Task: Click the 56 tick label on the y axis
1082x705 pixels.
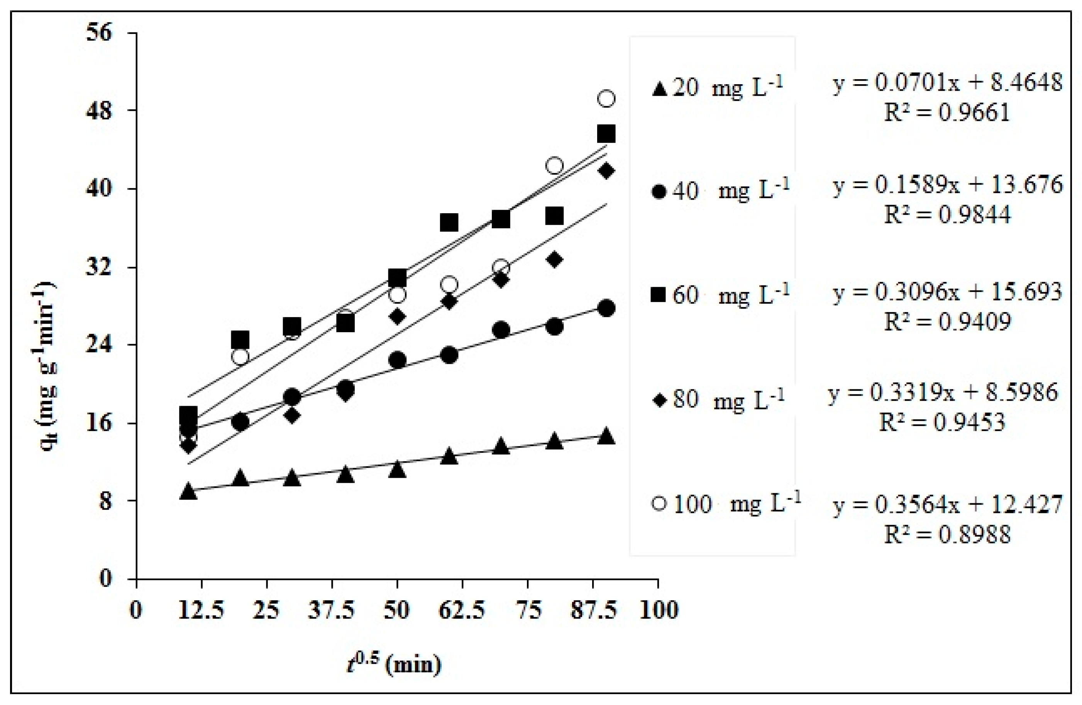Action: click(x=99, y=34)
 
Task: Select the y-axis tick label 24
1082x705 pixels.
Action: click(x=99, y=345)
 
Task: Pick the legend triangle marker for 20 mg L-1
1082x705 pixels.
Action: click(x=659, y=89)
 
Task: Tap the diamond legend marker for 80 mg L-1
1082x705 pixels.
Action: click(x=659, y=400)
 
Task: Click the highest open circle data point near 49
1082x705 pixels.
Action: click(x=606, y=98)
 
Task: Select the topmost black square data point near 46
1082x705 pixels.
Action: click(x=606, y=134)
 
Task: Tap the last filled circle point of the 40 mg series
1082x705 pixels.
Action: click(x=606, y=308)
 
